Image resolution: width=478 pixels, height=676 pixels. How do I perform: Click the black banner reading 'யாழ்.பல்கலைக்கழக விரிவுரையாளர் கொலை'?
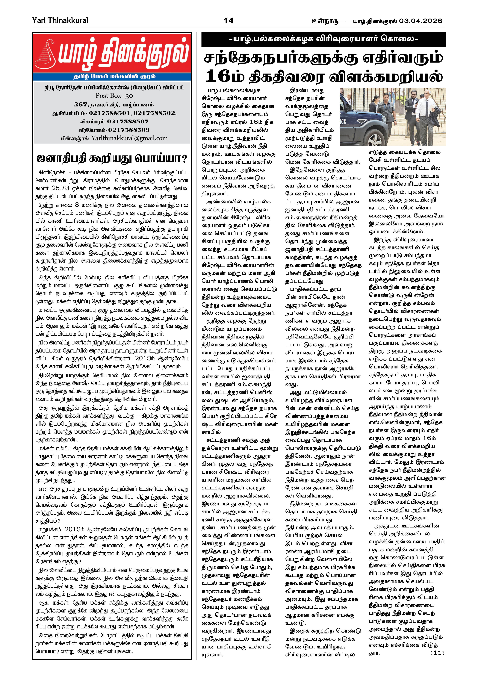coord(323,39)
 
